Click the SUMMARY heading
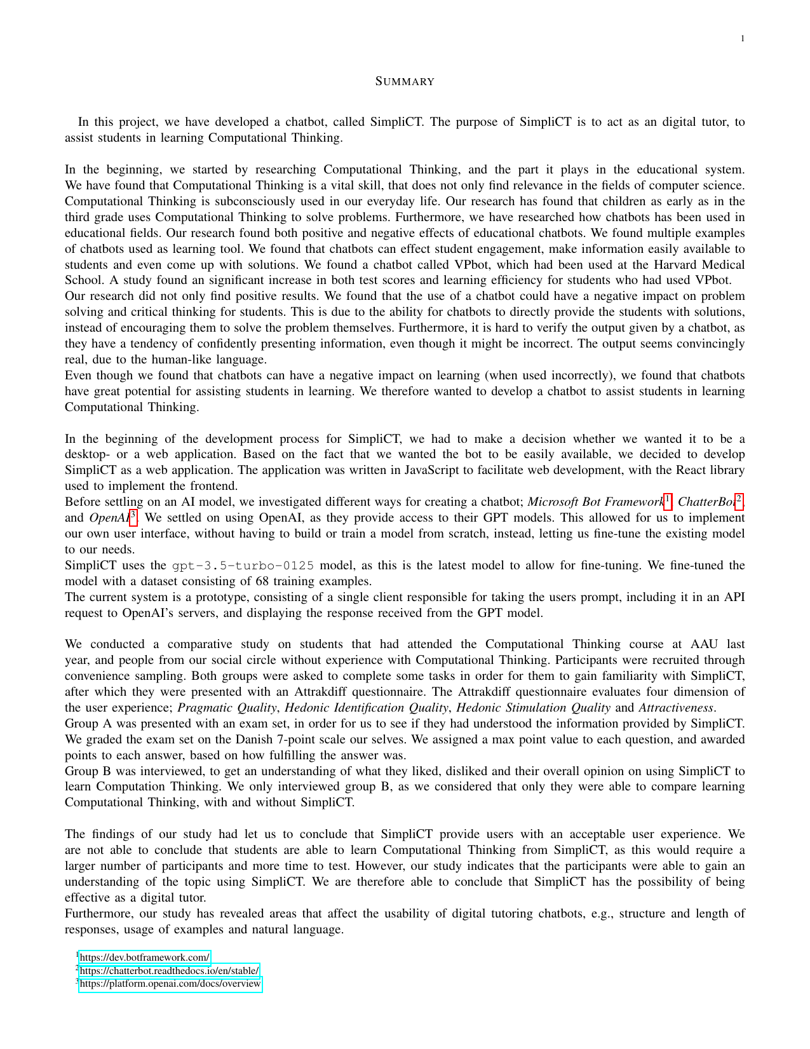(x=405, y=81)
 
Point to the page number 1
(x=742, y=39)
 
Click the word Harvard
(x=661, y=264)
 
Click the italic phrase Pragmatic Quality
(x=227, y=708)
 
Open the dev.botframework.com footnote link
(x=145, y=958)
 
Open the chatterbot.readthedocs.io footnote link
(x=170, y=971)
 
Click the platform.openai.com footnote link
(x=170, y=984)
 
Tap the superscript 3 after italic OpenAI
(x=133, y=515)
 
